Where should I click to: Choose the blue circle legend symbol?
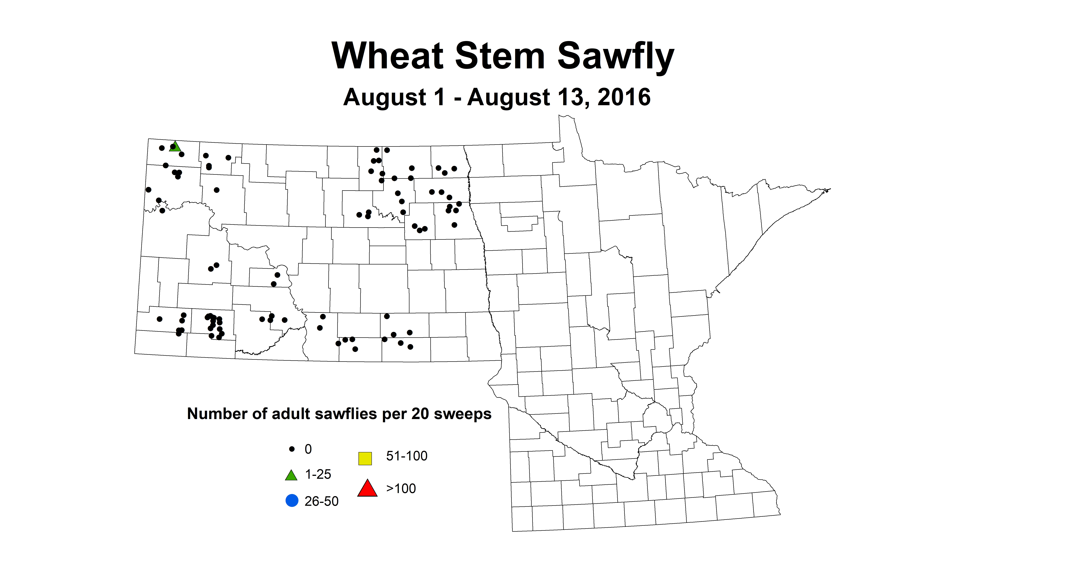click(292, 500)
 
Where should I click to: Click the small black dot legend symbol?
click(292, 449)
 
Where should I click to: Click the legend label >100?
click(401, 488)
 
